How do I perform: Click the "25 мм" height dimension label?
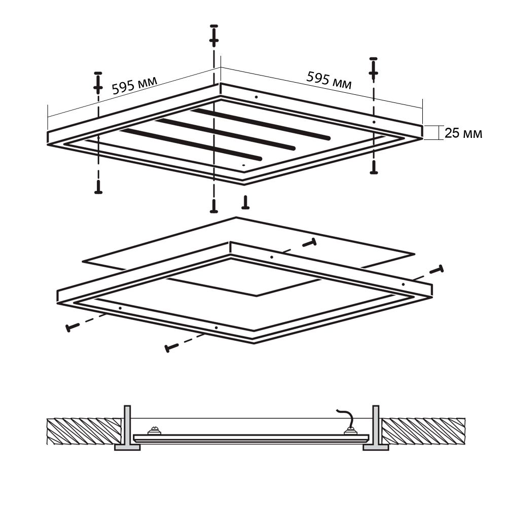(463, 133)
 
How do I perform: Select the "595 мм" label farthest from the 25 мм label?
(134, 85)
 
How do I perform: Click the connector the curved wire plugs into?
(350, 430)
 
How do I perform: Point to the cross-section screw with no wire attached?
(154, 430)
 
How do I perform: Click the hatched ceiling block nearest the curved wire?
(423, 431)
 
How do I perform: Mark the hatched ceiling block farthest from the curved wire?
(84, 431)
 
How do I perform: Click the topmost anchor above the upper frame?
(214, 35)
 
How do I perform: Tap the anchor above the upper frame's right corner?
(374, 69)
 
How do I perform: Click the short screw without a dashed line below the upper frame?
(245, 202)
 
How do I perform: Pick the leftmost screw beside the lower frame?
(73, 327)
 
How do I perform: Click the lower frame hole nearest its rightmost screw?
(403, 284)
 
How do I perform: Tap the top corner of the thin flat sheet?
(236, 218)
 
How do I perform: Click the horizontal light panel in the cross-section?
(251, 438)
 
